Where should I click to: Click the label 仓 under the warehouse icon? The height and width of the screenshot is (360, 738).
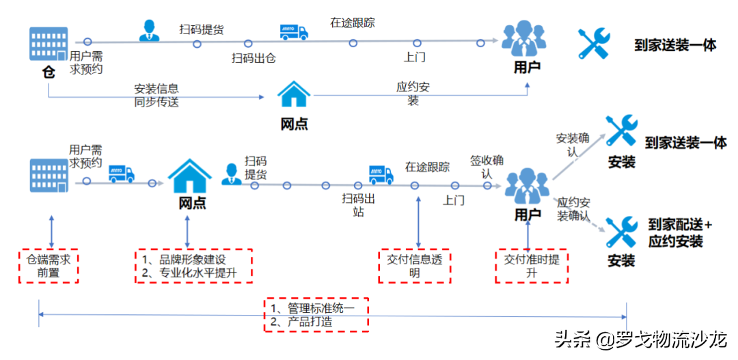[49, 72]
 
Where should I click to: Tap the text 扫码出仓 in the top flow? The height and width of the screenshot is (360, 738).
[254, 58]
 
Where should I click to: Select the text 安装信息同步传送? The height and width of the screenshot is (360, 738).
[156, 96]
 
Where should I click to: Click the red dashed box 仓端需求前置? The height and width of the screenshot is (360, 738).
[49, 266]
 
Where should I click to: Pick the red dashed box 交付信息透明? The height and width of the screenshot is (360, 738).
[414, 266]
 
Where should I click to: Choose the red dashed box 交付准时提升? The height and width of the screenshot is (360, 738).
[531, 266]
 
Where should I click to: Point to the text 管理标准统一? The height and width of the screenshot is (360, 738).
[318, 308]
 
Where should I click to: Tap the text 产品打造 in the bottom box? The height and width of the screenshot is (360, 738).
[305, 321]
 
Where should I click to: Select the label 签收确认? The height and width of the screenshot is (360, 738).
[487, 167]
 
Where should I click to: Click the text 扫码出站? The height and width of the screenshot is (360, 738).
[359, 205]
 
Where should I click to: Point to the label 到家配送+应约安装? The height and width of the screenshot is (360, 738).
[680, 233]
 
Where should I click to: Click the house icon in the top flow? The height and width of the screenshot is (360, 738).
[294, 96]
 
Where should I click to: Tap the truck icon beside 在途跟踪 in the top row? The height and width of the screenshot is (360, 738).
[294, 31]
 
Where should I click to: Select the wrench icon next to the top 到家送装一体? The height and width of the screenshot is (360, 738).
[593, 44]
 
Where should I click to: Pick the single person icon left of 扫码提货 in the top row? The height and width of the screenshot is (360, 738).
[148, 30]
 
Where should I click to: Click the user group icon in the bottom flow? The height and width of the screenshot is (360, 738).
[527, 184]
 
